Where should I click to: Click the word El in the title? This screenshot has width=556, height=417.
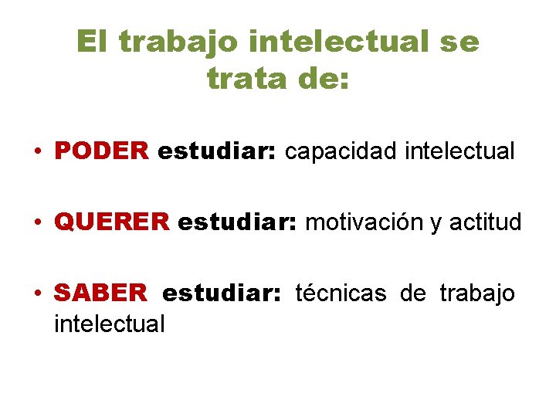pos(94,42)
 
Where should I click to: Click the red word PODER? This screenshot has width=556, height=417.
pos(101,151)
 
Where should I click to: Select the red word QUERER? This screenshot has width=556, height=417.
pos(111,222)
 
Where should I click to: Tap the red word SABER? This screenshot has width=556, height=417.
pos(100,293)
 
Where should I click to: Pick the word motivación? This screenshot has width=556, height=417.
pos(364,222)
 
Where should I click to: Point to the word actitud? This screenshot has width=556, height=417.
pos(486,222)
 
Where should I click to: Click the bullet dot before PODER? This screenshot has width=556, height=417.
pos(38,151)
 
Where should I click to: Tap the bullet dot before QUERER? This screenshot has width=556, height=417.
pos(38,222)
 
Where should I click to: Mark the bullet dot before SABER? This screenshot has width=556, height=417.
pos(38,293)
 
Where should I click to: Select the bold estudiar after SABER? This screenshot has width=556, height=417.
pos(223,293)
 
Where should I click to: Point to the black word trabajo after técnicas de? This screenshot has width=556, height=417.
pos(477,293)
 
